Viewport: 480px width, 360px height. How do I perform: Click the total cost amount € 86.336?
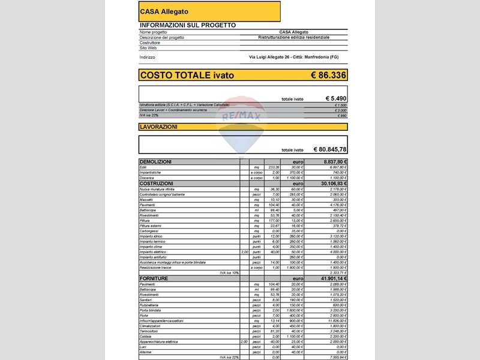pyautogui.click(x=328, y=75)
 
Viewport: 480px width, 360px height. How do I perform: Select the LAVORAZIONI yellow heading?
pyautogui.click(x=158, y=127)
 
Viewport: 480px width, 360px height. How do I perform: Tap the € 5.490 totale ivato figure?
pyautogui.click(x=336, y=98)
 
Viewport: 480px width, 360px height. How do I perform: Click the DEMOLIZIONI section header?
pyautogui.click(x=155, y=162)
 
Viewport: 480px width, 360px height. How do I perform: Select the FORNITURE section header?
pyautogui.click(x=154, y=279)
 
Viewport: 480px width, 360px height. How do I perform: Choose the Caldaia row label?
pyautogui.click(x=146, y=336)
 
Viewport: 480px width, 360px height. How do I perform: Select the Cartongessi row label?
pyautogui.click(x=151, y=231)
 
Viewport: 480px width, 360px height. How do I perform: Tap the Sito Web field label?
pyautogui.click(x=148, y=48)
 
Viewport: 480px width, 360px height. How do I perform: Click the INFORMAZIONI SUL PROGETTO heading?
pyautogui.click(x=187, y=25)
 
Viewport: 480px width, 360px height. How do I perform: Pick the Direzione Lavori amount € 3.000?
pyautogui.click(x=341, y=110)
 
